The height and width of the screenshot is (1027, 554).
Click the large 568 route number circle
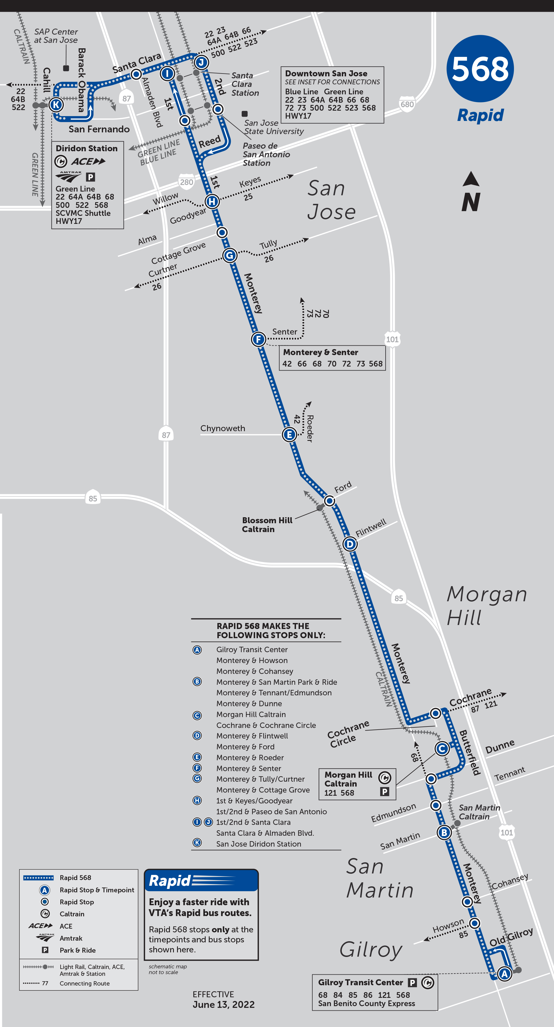[x=480, y=69]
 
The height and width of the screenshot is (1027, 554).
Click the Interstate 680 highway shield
[x=407, y=104]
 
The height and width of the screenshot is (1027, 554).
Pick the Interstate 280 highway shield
[x=186, y=182]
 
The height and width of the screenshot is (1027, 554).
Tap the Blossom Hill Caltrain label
[x=267, y=525]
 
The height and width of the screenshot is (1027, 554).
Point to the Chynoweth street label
[x=223, y=428]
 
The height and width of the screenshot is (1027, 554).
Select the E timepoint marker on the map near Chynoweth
[x=289, y=435]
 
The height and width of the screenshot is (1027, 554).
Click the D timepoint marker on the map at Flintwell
[x=350, y=544]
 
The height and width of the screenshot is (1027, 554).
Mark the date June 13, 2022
[x=223, y=1005]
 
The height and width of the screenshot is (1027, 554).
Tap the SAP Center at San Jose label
[x=56, y=36]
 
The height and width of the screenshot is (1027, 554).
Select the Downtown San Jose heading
[x=326, y=74]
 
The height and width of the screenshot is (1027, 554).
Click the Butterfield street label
[x=469, y=752]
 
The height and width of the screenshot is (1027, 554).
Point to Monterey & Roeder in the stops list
[x=250, y=757]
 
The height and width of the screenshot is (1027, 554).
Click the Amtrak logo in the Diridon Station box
[x=69, y=177]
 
